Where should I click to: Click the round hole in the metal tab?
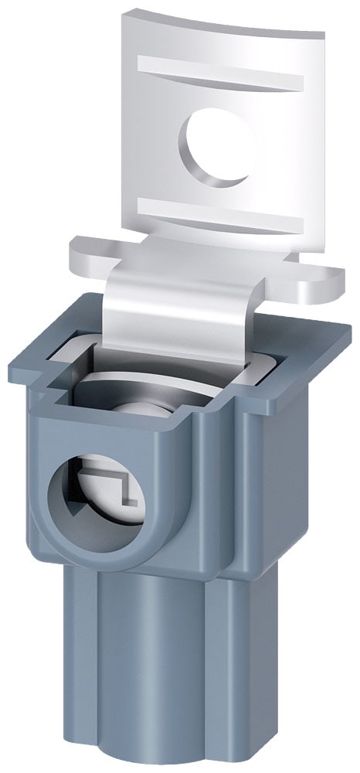point(219,145)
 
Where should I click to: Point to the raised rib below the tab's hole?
point(224,212)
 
